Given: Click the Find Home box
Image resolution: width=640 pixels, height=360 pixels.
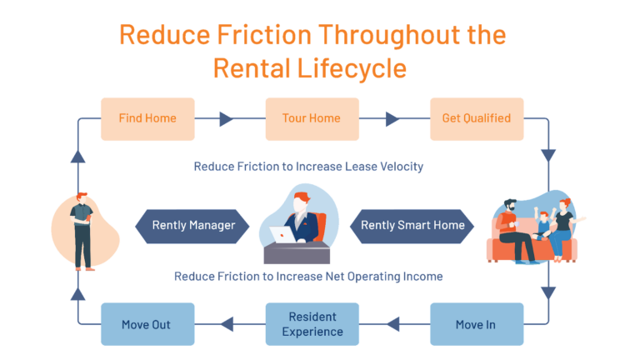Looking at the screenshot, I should (147, 118).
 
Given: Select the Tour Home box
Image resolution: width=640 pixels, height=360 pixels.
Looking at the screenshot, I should (312, 118).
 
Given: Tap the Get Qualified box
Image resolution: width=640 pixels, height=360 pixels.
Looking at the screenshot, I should (476, 118).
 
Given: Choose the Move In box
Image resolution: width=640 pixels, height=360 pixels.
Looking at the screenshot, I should (476, 324).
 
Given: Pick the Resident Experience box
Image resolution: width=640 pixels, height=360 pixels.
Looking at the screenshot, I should (312, 324).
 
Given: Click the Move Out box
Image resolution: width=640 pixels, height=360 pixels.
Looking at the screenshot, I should (147, 324).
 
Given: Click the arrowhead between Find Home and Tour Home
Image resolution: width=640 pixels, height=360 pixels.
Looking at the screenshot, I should (227, 119).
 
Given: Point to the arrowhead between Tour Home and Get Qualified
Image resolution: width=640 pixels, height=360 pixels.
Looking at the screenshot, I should (392, 119).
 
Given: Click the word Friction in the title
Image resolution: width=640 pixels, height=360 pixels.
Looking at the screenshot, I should (256, 36).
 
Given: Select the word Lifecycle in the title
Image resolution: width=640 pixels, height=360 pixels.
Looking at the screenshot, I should (357, 68).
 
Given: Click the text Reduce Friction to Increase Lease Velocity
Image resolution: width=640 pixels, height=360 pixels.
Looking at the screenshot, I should (308, 167).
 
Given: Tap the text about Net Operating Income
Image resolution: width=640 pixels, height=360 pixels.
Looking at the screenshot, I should (308, 276).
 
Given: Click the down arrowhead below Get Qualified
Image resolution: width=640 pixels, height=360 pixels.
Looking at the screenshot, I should (548, 156).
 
